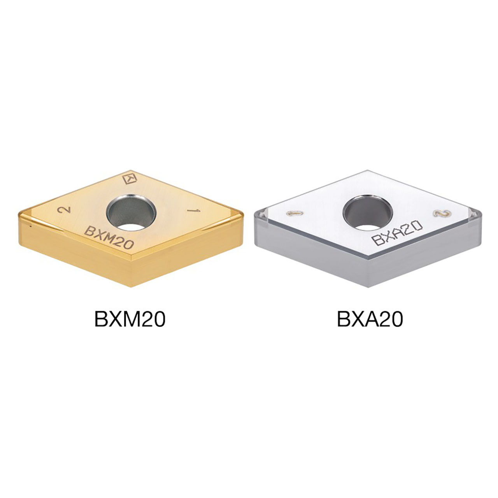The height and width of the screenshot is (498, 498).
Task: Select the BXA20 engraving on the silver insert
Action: click(397, 233)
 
